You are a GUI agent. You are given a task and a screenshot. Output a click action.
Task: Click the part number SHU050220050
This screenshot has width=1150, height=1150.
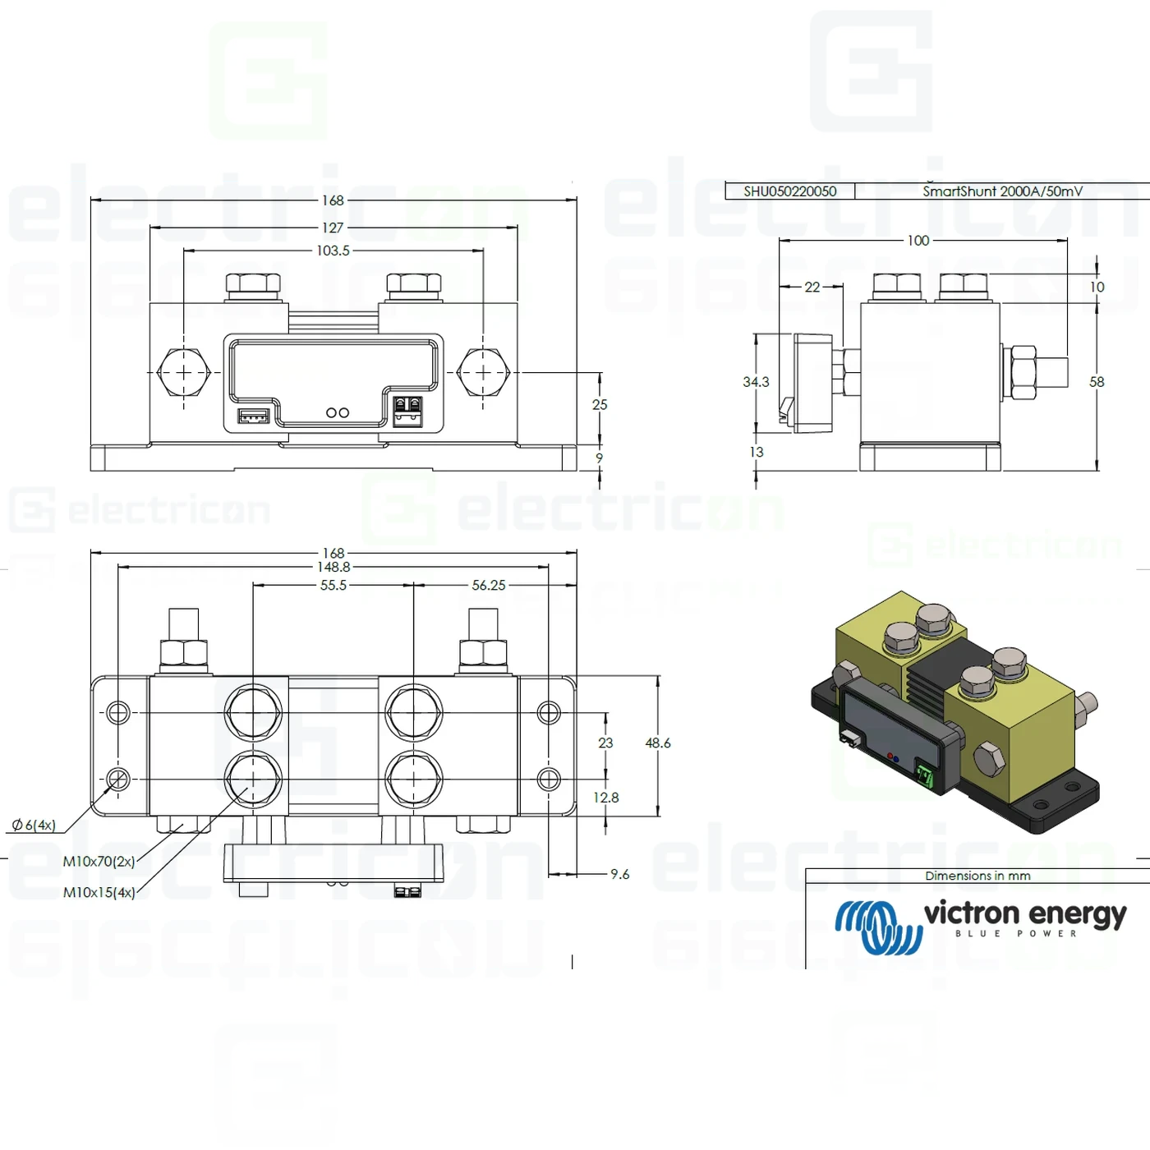[789, 191]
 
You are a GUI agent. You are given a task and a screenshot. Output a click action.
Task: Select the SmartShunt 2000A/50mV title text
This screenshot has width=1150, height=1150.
[1002, 191]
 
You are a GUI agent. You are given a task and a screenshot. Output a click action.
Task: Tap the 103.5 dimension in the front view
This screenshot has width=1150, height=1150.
[333, 251]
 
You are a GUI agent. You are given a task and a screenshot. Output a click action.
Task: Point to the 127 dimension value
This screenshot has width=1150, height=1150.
[333, 228]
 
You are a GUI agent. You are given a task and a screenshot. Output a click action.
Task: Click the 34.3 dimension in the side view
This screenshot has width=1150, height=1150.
[756, 382]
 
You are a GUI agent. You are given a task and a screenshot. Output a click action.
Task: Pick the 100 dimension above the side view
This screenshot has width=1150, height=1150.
[918, 241]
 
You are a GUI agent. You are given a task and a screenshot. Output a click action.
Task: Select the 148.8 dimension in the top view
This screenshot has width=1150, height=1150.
[333, 567]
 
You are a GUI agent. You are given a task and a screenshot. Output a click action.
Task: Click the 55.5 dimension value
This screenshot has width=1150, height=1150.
[333, 586]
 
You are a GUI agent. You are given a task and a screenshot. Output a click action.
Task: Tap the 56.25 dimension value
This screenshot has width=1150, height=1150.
[489, 586]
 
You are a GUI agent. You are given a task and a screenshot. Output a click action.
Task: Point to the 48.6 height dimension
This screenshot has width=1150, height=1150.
[658, 743]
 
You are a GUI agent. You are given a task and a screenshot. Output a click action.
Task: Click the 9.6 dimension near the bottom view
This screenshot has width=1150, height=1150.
[620, 874]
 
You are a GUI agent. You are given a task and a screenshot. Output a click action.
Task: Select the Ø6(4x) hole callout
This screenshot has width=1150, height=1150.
[34, 825]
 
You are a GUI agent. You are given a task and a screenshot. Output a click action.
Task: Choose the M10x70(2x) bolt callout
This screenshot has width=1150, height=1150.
[99, 862]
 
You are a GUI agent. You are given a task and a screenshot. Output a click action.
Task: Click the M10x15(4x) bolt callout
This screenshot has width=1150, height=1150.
[99, 892]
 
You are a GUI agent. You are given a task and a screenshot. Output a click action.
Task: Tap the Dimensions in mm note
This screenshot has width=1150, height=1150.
[977, 876]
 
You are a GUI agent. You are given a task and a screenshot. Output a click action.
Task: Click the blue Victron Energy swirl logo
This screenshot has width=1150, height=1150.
[878, 927]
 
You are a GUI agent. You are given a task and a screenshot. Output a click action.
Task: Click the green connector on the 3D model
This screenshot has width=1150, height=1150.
[925, 775]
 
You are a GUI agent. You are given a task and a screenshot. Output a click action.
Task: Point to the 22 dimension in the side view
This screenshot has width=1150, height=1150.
[812, 287]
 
